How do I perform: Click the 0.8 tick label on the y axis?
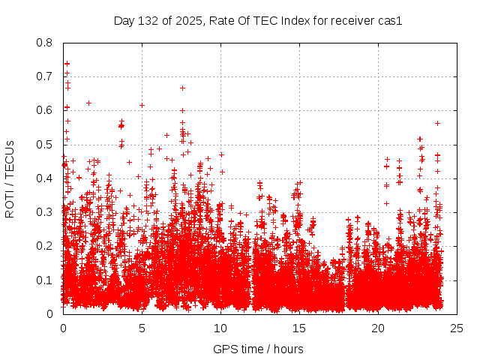tap(46, 43)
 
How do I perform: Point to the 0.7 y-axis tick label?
tap(46, 76)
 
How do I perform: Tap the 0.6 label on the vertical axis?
tap(46, 110)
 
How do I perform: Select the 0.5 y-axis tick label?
tap(46, 144)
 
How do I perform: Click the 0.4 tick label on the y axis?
tap(46, 178)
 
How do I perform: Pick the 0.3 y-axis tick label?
tap(46, 212)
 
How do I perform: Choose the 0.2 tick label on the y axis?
tap(46, 246)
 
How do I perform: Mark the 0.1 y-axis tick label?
tap(46, 280)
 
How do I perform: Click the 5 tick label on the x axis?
tap(142, 328)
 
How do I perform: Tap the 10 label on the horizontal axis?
tap(220, 328)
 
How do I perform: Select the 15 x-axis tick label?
tap(299, 328)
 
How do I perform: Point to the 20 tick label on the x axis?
tap(378, 328)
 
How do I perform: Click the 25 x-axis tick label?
tap(457, 328)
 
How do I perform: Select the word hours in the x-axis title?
tap(289, 349)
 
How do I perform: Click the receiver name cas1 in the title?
tap(391, 20)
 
